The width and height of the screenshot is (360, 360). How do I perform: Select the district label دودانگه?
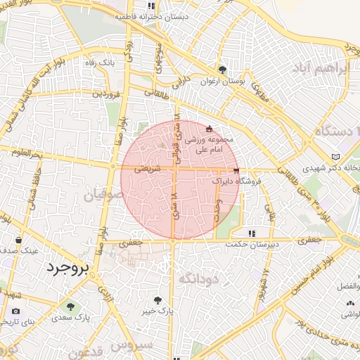[199, 279]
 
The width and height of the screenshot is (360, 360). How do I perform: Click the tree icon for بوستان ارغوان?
[222, 70]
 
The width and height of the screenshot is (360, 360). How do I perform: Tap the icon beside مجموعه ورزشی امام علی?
[208, 129]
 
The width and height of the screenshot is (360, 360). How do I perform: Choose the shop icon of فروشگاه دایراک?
[236, 171]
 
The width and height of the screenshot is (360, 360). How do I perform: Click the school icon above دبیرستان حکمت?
[251, 233]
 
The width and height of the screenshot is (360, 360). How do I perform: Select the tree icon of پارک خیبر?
[167, 300]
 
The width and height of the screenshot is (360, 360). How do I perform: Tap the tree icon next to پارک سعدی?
[70, 306]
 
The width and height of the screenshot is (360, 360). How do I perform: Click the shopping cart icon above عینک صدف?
[18, 239]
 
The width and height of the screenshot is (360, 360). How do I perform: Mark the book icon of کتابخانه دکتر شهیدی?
[335, 156]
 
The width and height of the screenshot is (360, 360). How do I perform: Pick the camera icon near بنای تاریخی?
[15, 311]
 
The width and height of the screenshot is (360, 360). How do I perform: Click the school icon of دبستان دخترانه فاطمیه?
[151, 5]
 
